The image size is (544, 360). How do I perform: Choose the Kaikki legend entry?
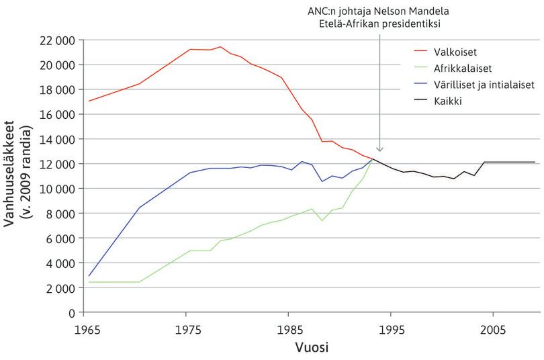coord(449,101)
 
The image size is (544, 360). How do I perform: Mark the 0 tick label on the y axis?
coord(70,313)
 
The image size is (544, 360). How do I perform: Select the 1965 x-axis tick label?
coord(85,330)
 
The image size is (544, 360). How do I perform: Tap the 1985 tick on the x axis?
coord(289,330)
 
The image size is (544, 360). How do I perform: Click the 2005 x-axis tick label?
coord(493,330)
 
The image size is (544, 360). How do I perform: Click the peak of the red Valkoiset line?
coord(220,47)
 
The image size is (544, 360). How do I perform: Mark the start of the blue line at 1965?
coord(89,276)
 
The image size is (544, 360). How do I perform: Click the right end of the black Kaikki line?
coord(535,162)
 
